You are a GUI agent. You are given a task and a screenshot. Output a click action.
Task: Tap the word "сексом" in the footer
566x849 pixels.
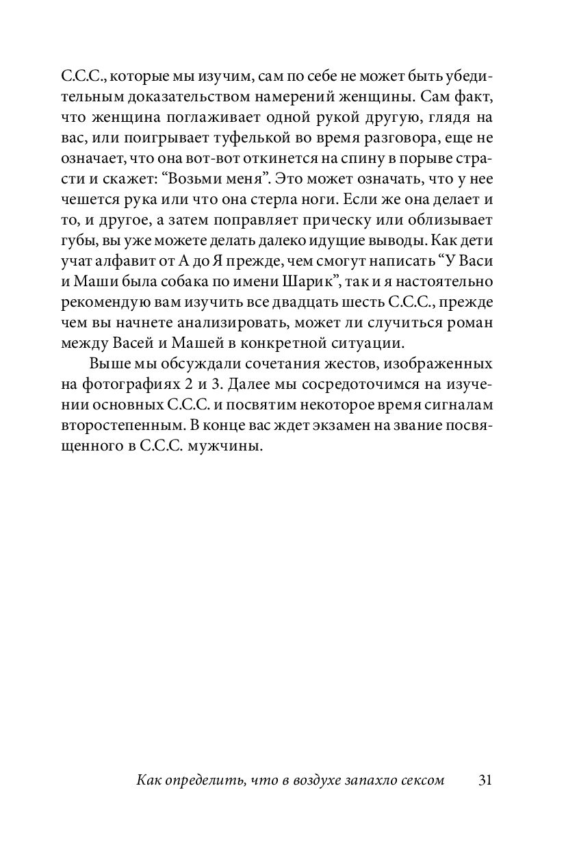[x=417, y=781]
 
